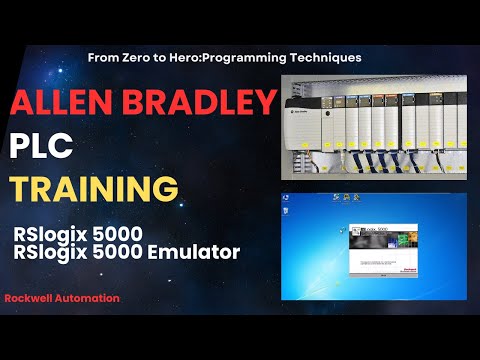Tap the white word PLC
pos(44,147)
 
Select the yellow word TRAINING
pos(81,189)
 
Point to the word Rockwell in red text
pos(29,298)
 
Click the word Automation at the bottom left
pos(87,298)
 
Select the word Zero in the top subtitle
pos(134,58)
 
